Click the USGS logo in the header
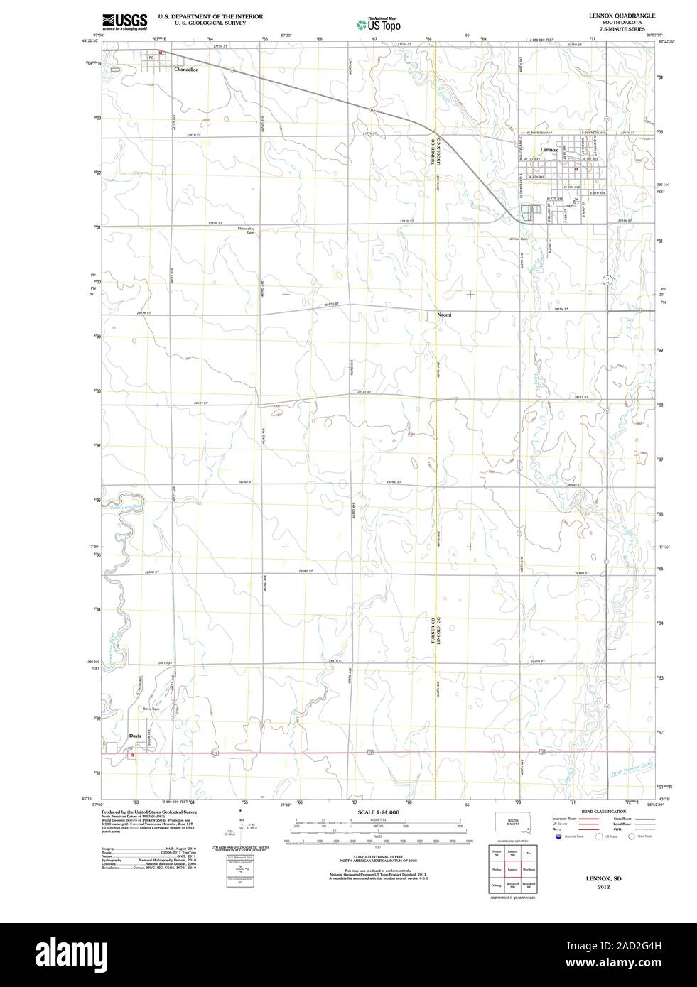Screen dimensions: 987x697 pos(124,21)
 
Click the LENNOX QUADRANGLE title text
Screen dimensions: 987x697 pos(616,15)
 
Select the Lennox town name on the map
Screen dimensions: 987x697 pos(549,150)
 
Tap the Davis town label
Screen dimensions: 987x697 pos(135,736)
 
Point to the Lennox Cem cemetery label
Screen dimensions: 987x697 pos(518,239)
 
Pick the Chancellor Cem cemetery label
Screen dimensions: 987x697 pos(246,231)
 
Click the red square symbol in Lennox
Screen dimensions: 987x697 pos(576,170)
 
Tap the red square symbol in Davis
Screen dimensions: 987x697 pos(132,755)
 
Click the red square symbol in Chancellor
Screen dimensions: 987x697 pos(161,52)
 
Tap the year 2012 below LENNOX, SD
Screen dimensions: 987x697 pos(603,887)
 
